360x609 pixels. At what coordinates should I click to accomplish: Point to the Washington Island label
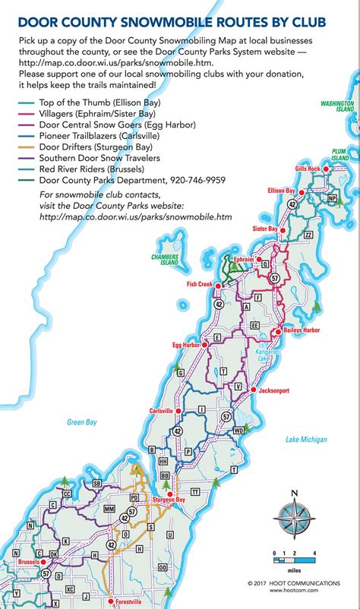click(337, 106)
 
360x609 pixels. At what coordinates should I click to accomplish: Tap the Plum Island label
click(339, 153)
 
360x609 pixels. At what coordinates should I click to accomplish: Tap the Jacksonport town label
click(273, 390)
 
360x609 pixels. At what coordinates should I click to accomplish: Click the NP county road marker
click(331, 198)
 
